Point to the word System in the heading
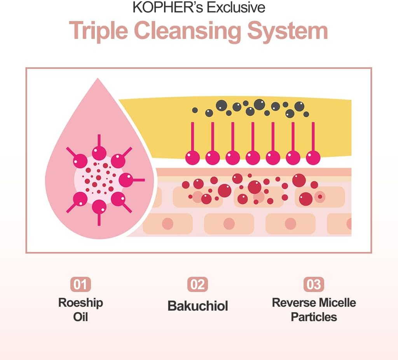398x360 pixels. (x=288, y=31)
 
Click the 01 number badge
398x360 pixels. (x=80, y=285)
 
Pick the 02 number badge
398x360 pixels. (x=197, y=285)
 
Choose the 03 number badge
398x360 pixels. (x=314, y=285)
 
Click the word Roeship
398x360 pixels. (x=80, y=302)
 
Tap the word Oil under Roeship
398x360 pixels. (x=80, y=316)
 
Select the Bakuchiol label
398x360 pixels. (x=197, y=306)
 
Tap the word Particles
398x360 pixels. (x=314, y=316)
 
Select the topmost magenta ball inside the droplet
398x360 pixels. (x=99, y=153)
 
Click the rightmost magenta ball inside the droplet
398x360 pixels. (x=126, y=180)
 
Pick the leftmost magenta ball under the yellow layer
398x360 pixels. (x=192, y=157)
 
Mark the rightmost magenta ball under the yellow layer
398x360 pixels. (x=313, y=157)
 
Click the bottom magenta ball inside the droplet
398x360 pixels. (x=99, y=206)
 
